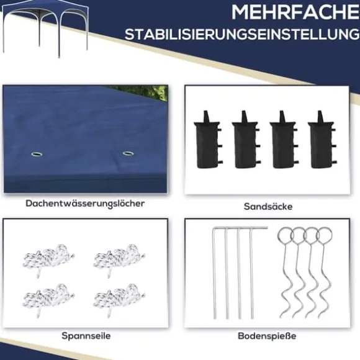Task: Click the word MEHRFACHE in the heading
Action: [x=295, y=12]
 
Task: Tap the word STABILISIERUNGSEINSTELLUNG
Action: [x=242, y=34]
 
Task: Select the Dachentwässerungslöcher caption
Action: [x=85, y=204]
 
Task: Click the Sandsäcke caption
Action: [x=268, y=207]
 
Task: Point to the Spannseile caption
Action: [x=86, y=336]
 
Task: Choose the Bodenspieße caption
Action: [x=267, y=336]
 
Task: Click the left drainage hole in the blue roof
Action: [x=37, y=154]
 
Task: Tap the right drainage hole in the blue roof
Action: [x=128, y=153]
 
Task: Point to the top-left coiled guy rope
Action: [x=48, y=258]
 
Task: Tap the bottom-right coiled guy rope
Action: [x=119, y=299]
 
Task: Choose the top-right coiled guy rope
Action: [x=119, y=258]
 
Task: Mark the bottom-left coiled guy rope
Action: [x=48, y=299]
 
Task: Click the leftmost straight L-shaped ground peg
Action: [x=214, y=273]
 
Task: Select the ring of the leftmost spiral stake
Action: [x=286, y=235]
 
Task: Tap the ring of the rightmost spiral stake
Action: [x=324, y=235]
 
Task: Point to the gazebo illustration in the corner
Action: [x=45, y=27]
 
